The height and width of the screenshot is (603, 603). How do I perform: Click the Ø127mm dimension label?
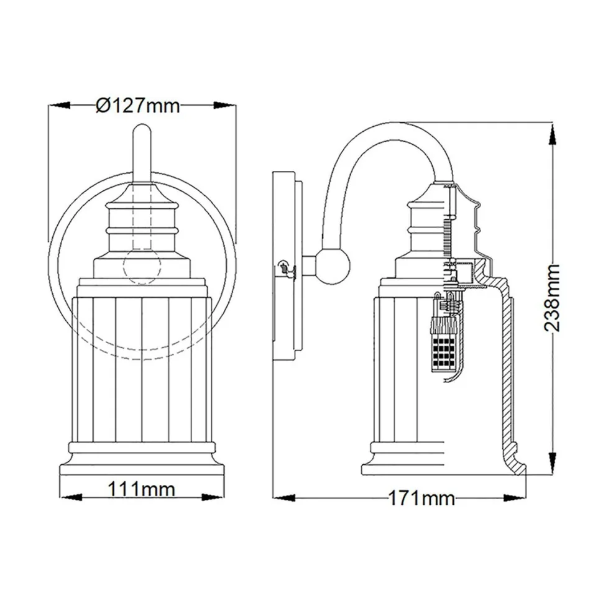(x=138, y=106)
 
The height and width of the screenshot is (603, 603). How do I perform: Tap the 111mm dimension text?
(x=142, y=489)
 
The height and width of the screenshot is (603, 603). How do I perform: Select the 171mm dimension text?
(x=421, y=498)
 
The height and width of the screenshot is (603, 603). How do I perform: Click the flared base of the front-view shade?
(x=142, y=466)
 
